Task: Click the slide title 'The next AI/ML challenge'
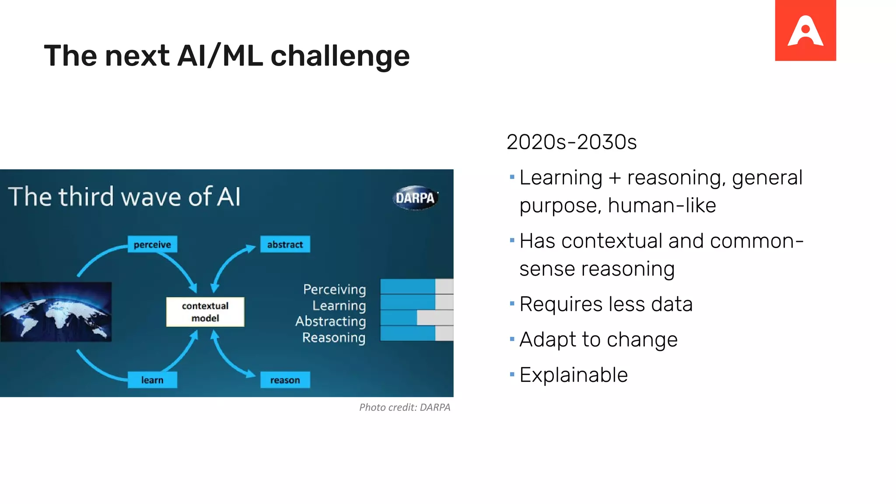pos(227,56)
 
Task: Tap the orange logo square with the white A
pos(805,30)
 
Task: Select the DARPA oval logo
pos(415,198)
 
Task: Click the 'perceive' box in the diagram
pos(152,244)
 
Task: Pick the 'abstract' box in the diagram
pos(285,244)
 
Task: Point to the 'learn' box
pos(152,380)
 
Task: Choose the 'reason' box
pos(285,380)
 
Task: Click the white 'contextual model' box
pos(205,312)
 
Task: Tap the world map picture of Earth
pos(56,312)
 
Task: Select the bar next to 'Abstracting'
pos(416,318)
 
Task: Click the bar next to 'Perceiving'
pos(416,287)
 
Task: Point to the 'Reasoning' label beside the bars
pos(333,338)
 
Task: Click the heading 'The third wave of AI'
pos(125,196)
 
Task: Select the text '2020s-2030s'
pos(571,142)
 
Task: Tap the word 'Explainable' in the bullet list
pos(574,375)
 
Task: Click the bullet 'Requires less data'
pos(606,304)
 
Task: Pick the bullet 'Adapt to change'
pos(598,339)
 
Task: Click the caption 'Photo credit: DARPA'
pos(405,407)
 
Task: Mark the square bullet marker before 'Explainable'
pos(512,374)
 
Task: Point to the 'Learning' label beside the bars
pos(339,305)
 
